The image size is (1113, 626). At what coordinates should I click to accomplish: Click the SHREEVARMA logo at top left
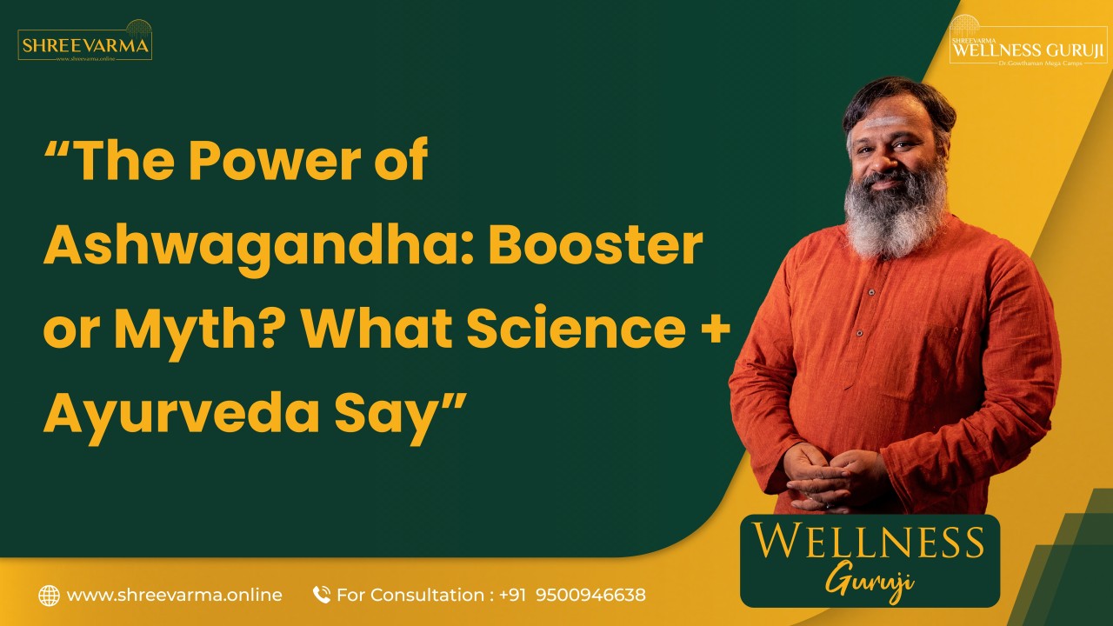coord(84,43)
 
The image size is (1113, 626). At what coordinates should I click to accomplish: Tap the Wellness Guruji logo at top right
coord(1028,45)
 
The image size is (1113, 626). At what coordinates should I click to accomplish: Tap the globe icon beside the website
coord(49,596)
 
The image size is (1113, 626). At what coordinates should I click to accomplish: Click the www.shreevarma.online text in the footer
coord(174,596)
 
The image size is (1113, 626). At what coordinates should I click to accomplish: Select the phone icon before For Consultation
coord(322,596)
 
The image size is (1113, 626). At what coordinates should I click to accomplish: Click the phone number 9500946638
coord(590,596)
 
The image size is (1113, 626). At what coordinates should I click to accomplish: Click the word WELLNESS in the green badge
coord(869,542)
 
